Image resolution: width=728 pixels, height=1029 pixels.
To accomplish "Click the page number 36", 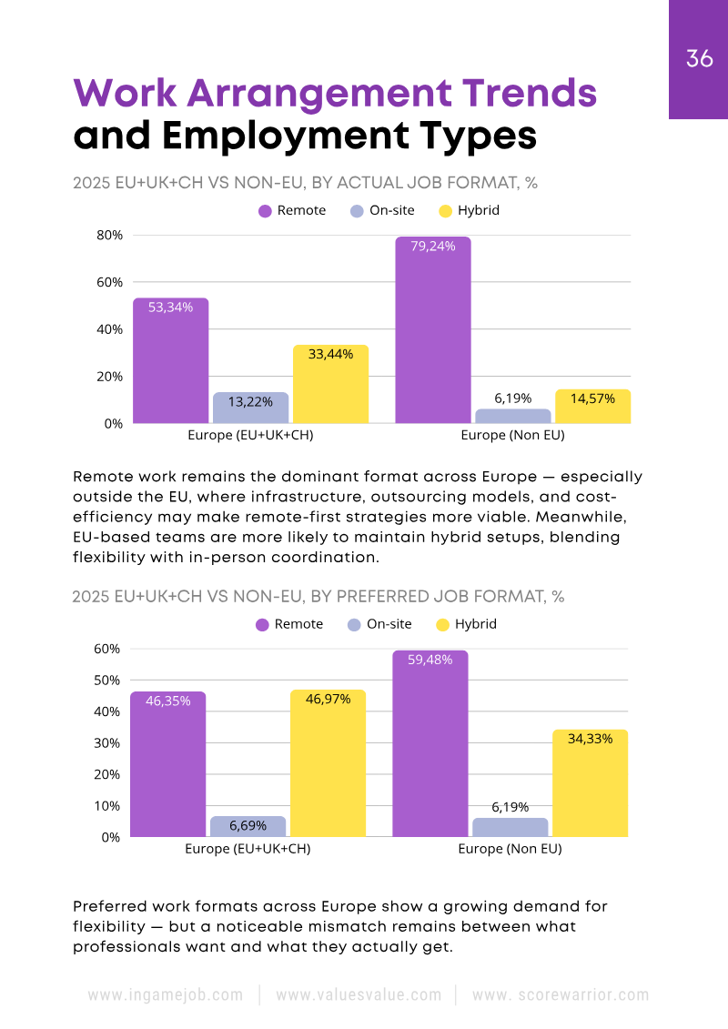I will click(x=699, y=59).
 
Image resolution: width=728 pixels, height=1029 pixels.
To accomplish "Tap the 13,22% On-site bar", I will click(x=250, y=408).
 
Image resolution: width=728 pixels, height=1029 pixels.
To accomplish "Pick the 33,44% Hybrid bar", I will click(x=330, y=384).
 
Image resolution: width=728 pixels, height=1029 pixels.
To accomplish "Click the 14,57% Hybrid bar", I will click(x=592, y=407).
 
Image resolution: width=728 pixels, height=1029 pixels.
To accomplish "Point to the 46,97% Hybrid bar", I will click(x=328, y=763).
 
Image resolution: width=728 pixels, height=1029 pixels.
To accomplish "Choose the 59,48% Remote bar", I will click(x=430, y=743).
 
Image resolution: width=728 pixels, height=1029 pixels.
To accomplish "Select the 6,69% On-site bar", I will click(x=248, y=826).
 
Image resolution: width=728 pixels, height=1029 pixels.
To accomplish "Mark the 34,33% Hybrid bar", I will click(x=590, y=783).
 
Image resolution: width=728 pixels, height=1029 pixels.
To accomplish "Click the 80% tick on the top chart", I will click(x=109, y=235).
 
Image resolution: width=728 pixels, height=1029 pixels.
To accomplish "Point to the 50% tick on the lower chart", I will click(x=106, y=681).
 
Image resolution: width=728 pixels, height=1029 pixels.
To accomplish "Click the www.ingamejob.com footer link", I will click(x=165, y=995).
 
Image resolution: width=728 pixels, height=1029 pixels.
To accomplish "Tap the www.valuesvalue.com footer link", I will click(x=358, y=995).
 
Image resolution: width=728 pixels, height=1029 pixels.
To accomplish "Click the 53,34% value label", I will click(x=170, y=308).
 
